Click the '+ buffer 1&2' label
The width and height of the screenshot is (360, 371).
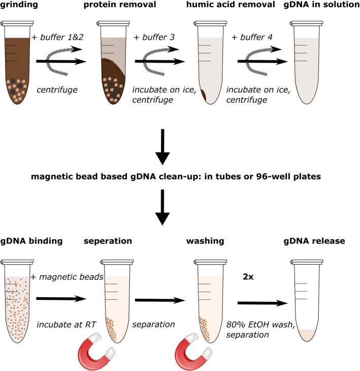tap(60, 38)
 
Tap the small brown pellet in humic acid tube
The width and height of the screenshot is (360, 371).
tap(204, 95)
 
